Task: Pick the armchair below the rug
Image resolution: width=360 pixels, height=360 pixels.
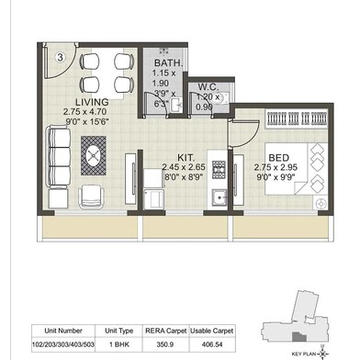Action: (x=91, y=196)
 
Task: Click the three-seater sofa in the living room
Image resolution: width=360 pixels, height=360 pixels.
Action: (x=58, y=152)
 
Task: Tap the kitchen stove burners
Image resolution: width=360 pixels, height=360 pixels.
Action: (x=219, y=169)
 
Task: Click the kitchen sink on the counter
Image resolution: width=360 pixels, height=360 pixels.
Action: (x=218, y=198)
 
